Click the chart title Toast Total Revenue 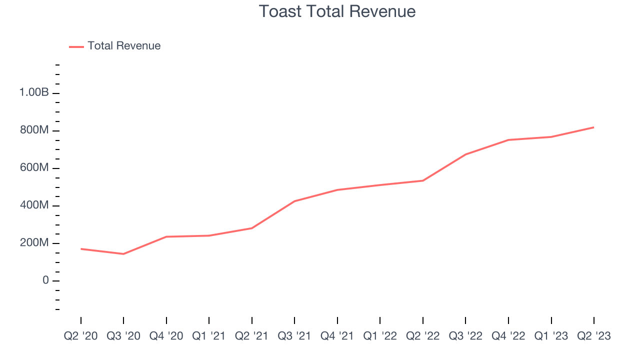[x=337, y=11]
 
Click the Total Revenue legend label [x=124, y=46]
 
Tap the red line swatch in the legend [x=76, y=46]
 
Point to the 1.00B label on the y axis [x=34, y=92]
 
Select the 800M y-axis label [x=34, y=130]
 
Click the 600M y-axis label [x=34, y=168]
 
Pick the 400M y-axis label [x=34, y=205]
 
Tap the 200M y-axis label [x=34, y=243]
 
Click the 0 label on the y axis [x=45, y=280]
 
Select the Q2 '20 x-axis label [x=80, y=336]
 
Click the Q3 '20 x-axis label [x=123, y=336]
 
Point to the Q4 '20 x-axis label [x=166, y=336]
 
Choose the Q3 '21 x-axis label [x=294, y=336]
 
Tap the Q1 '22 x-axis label [x=380, y=336]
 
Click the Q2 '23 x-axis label [x=594, y=336]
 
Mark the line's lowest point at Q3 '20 [x=123, y=254]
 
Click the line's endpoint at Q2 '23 [x=594, y=127]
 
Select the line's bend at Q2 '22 [x=423, y=180]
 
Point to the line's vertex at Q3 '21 [x=294, y=201]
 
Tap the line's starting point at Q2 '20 [x=80, y=248]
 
